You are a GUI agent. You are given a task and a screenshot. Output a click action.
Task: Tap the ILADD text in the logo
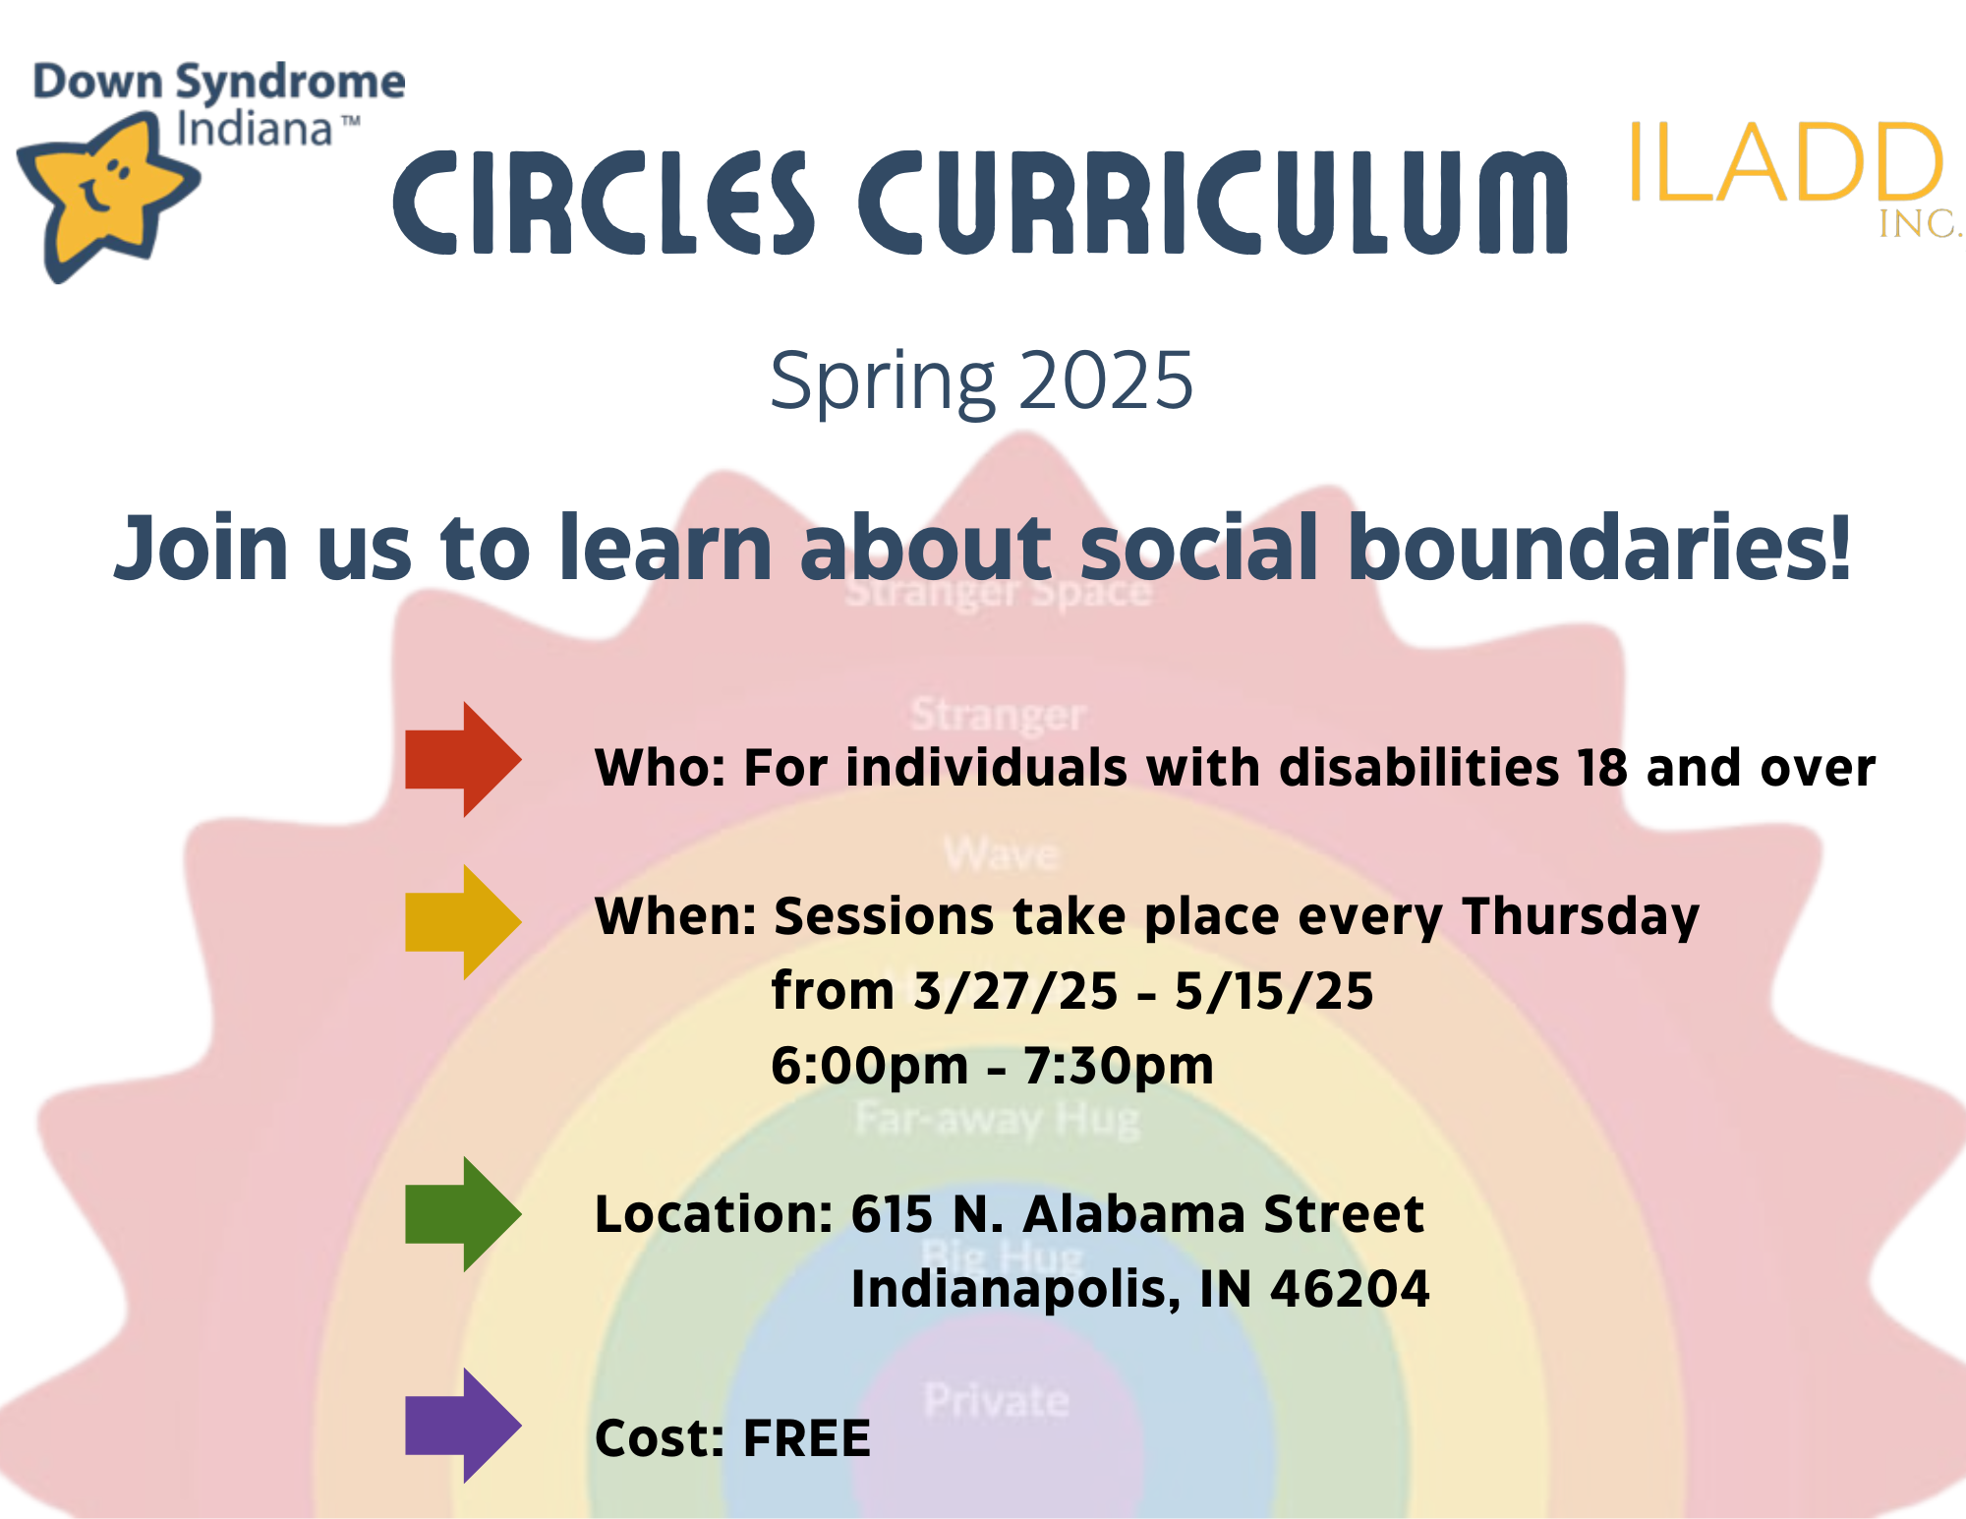1784,164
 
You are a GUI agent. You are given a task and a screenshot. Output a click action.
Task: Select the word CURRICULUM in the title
1213,203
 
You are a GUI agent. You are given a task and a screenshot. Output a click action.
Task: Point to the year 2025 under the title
1105,380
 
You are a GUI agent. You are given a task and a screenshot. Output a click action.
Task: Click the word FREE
806,1438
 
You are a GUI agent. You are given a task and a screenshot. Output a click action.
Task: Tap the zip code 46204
1350,1289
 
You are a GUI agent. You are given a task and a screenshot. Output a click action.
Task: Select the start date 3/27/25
1015,991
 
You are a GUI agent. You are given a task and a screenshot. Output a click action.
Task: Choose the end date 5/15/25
1274,991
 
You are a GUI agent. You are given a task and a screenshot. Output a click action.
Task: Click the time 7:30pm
1119,1066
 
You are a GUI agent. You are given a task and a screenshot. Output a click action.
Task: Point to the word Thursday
1580,917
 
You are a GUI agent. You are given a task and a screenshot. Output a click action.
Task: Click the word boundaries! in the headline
1598,549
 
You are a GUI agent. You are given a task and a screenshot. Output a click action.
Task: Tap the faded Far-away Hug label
997,1119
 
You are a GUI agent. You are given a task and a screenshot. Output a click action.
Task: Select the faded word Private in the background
996,1400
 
